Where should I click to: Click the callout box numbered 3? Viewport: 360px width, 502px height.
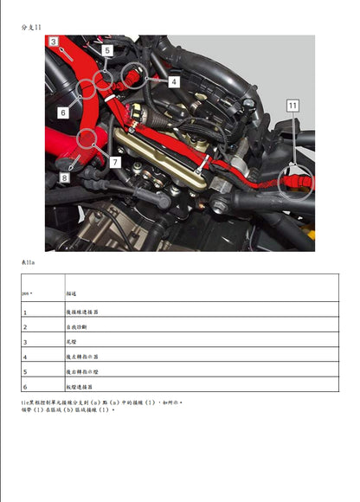pos(54,42)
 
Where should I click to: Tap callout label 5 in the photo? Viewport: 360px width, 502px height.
pos(106,51)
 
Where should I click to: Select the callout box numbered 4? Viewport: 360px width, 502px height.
pos(174,81)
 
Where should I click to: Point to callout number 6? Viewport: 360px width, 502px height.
pos(63,112)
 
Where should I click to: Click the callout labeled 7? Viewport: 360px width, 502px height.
pos(115,162)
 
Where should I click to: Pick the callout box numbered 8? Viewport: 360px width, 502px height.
pos(63,177)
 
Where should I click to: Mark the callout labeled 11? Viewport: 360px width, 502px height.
pos(292,106)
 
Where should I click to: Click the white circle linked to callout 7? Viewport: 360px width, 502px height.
pos(89,138)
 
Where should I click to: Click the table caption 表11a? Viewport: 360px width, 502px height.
pos(28,261)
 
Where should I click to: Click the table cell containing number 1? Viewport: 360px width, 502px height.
pos(25,312)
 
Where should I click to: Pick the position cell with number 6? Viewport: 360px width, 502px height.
pos(25,386)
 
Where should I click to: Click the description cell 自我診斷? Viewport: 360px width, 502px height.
pos(80,327)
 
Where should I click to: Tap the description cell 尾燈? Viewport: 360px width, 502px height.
pos(74,342)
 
